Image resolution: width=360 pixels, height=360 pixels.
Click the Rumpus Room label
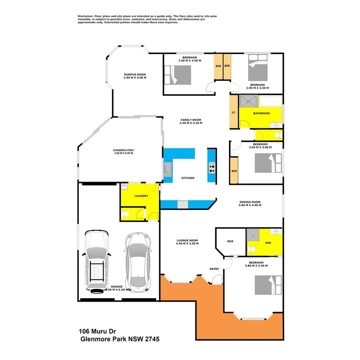pyautogui.click(x=134, y=74)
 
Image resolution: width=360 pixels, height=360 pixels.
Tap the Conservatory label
pyautogui.click(x=123, y=150)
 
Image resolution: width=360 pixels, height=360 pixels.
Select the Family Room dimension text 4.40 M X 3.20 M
pyautogui.click(x=191, y=123)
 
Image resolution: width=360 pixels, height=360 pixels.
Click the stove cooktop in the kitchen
pyautogui.click(x=212, y=170)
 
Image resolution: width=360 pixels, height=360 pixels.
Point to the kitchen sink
pyautogui.click(x=168, y=170)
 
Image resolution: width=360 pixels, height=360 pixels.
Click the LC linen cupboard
pyautogui.click(x=234, y=112)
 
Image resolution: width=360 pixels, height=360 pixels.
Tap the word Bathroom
pyautogui.click(x=262, y=113)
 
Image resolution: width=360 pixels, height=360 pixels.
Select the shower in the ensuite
pyautogui.click(x=253, y=234)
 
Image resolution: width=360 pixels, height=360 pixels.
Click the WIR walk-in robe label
pyautogui.click(x=230, y=242)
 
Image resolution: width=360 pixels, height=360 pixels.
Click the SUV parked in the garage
pyautogui.click(x=96, y=262)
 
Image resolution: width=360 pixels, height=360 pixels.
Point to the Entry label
pyautogui.click(x=214, y=269)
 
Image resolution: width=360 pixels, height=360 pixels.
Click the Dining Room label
pyautogui.click(x=250, y=202)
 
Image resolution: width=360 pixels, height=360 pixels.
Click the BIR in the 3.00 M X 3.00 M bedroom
pyautogui.click(x=234, y=170)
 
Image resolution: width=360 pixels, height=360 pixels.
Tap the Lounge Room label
pyautogui.click(x=187, y=241)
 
